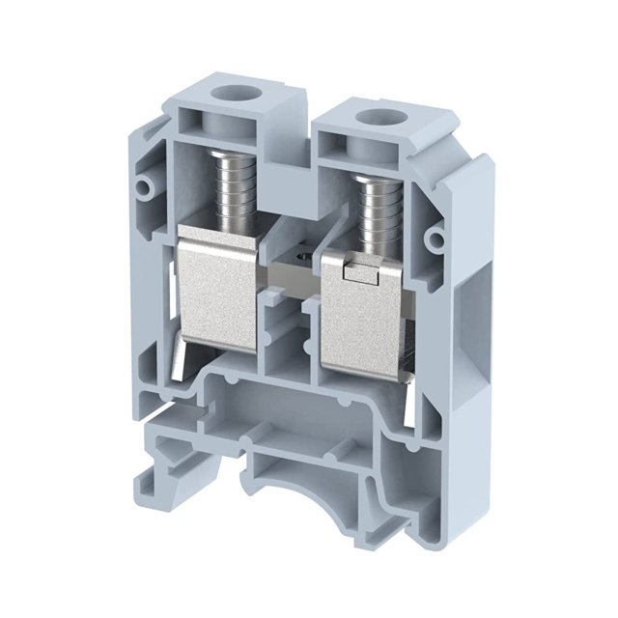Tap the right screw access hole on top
point(372,120)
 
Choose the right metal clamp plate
point(360,309)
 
